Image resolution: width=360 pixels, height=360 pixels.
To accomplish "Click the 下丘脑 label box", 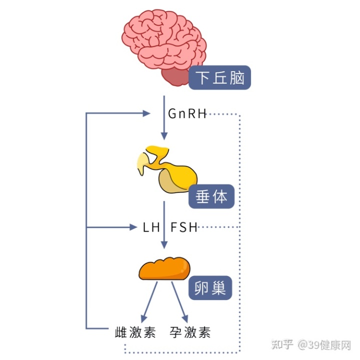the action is coord(219,77).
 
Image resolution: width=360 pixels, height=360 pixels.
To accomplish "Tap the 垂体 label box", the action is coord(211,196).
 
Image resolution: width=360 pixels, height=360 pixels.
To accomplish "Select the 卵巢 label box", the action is coord(210,288).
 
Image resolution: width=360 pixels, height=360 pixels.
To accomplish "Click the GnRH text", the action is coord(187,113).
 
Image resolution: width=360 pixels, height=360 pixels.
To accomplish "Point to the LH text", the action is coord(151,227).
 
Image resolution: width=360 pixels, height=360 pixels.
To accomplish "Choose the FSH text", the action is coord(184,227).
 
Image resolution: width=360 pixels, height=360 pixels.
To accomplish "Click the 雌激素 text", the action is coord(135,332).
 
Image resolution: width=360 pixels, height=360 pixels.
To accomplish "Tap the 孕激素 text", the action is coord(190,332).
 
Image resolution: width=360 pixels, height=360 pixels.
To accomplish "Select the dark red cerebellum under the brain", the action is coord(175,76).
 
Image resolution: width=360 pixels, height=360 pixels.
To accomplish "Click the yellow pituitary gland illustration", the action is coord(167,169).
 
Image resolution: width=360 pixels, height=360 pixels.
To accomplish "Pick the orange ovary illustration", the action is coord(164,268).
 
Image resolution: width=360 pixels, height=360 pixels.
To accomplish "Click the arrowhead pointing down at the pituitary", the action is coord(164,136).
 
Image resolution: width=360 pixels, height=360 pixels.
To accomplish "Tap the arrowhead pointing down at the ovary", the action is coord(164,245).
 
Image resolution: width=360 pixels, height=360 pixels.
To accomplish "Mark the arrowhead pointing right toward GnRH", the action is coord(146,113).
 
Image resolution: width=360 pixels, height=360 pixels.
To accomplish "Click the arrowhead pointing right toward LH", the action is coord(133,227).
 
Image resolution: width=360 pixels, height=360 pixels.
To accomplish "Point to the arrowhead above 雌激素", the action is coord(143,319).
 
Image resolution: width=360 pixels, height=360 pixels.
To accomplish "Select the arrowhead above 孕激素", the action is coord(185,319).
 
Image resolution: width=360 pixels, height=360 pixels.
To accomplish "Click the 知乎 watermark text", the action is coord(282,344).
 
